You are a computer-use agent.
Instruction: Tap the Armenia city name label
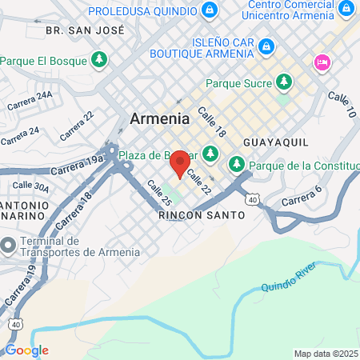(160, 118)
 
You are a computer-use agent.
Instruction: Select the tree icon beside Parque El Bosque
(99, 59)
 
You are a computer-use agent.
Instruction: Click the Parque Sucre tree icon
(283, 82)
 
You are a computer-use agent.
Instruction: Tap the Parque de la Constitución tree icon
(236, 165)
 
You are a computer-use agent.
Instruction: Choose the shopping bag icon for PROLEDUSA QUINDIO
(209, 10)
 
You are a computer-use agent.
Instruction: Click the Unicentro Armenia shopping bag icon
(347, 10)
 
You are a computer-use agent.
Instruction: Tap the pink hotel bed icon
(322, 61)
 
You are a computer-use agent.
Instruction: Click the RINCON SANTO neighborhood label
(192, 215)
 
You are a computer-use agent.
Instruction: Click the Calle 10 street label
(342, 103)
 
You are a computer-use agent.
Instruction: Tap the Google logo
(26, 350)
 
